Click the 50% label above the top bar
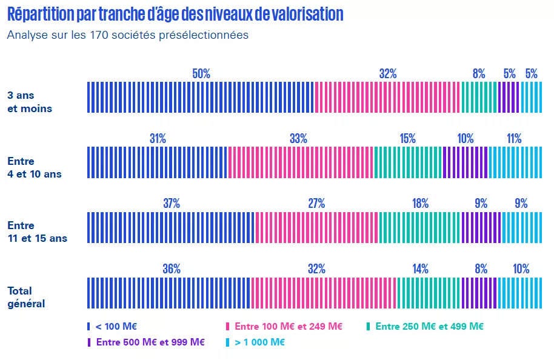[201, 74]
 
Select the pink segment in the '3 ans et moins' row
[387, 98]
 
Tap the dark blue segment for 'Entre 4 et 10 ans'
[158, 162]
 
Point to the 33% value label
[298, 139]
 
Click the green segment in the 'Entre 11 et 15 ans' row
[419, 227]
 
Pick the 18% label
[420, 204]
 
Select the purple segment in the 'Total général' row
[479, 293]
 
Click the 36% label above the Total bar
[172, 269]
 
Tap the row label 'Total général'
[26, 297]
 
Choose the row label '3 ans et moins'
[29, 102]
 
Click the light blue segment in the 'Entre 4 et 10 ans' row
[515, 162]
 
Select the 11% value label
[514, 139]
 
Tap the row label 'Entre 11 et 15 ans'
[37, 232]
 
